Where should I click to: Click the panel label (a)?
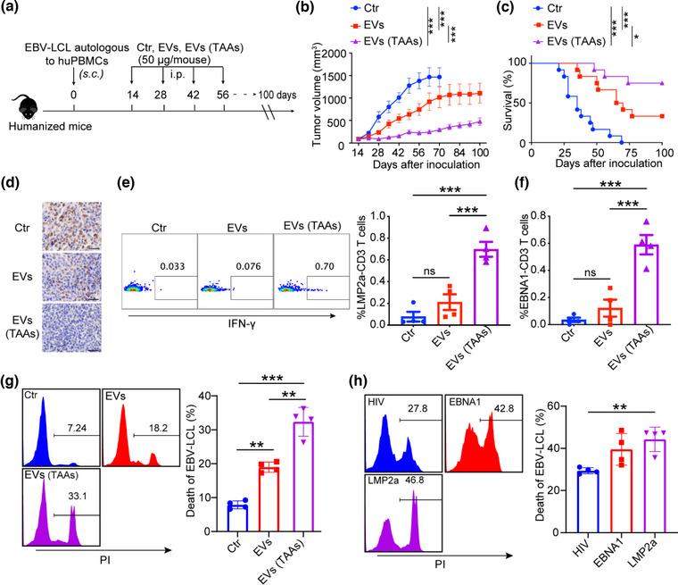click(x=17, y=11)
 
